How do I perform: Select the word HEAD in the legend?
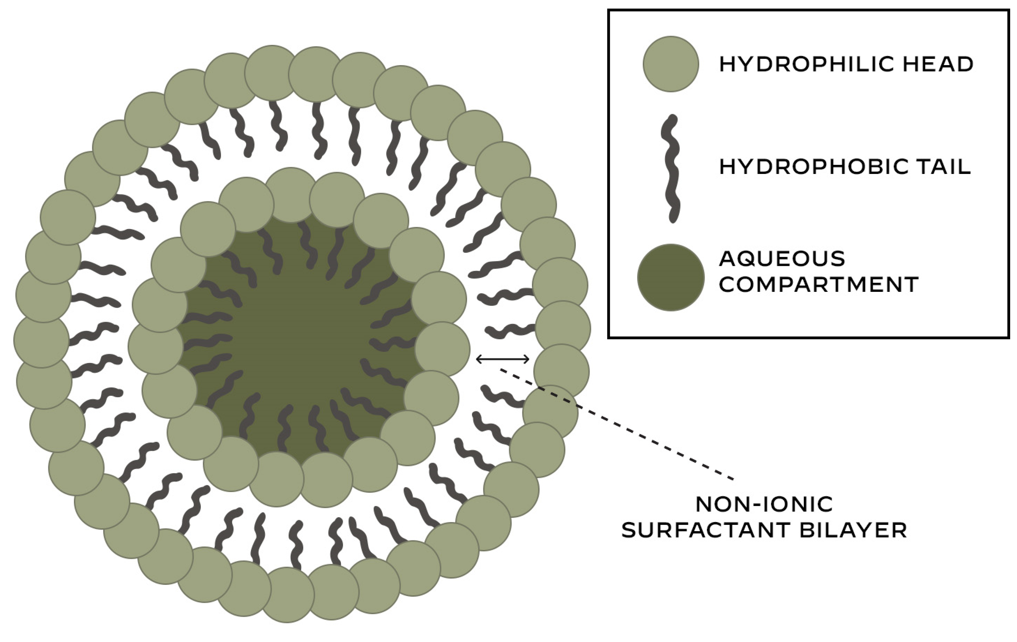(948, 65)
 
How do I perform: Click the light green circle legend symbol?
(671, 64)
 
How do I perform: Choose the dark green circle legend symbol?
(671, 278)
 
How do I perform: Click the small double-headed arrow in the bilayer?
(503, 360)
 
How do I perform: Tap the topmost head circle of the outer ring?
(272, 73)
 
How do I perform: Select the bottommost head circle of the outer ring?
(287, 595)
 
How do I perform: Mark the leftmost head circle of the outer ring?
(41, 340)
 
